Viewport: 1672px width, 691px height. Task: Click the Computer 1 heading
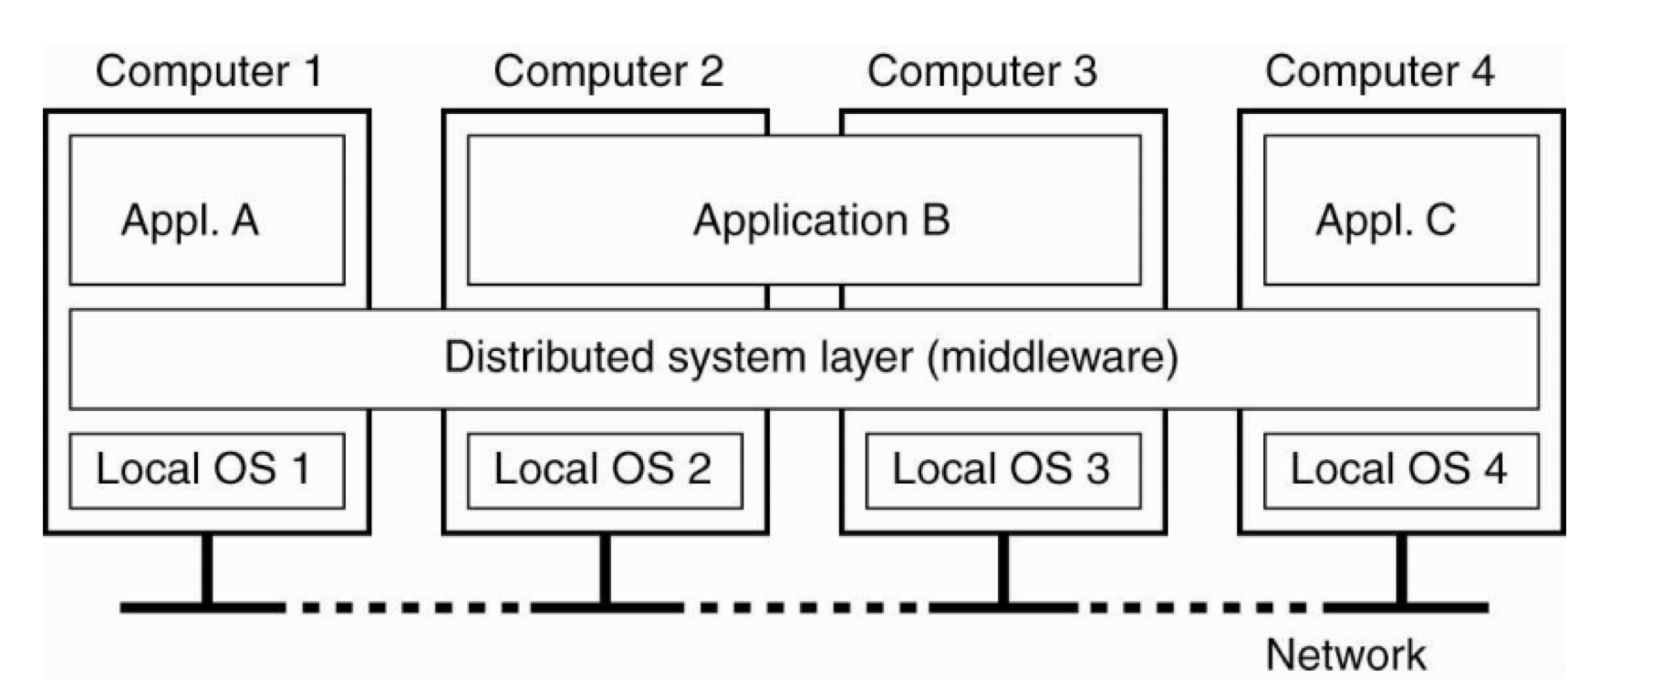point(209,71)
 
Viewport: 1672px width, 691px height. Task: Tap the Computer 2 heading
point(608,71)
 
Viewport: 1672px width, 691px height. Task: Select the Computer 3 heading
point(981,71)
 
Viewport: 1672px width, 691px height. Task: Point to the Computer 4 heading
point(1379,71)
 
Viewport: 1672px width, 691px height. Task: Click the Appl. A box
point(207,211)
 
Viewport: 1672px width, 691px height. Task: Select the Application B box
point(804,211)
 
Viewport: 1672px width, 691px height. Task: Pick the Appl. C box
point(1401,211)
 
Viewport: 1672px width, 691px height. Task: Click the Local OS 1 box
point(207,470)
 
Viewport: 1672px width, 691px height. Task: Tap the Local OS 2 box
point(605,470)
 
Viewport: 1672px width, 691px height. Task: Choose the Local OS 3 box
point(1002,470)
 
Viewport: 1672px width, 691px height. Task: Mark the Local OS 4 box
point(1401,470)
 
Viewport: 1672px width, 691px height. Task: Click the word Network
point(1345,655)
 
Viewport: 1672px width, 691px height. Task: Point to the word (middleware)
point(1053,357)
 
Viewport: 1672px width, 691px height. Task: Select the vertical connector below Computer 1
point(207,569)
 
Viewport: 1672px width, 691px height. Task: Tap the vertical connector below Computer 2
point(605,569)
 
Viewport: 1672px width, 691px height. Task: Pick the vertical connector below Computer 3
point(1003,569)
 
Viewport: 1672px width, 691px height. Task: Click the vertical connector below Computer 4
point(1402,569)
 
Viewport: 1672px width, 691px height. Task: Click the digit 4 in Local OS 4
point(1495,469)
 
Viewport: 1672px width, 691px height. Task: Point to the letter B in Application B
point(936,221)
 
